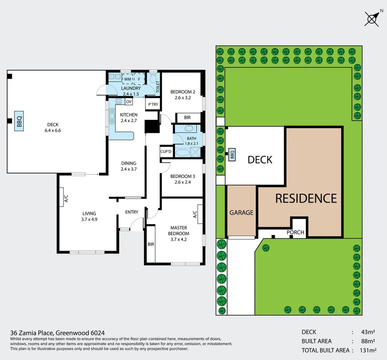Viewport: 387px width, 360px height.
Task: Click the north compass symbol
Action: [x=372, y=18]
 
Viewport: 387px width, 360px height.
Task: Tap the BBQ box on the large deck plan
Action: [x=19, y=121]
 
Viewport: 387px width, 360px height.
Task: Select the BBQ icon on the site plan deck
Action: [x=232, y=155]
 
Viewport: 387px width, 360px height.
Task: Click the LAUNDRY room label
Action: [x=131, y=88]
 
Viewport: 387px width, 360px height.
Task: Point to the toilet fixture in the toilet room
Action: [x=153, y=79]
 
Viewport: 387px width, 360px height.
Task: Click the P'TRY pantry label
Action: [x=153, y=104]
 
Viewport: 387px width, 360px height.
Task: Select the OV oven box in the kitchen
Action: [x=129, y=102]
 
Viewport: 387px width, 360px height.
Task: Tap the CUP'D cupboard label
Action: [x=166, y=151]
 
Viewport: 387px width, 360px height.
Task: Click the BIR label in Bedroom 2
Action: [x=187, y=117]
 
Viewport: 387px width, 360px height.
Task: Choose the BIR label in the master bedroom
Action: [x=151, y=244]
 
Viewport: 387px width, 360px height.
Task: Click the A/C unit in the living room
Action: [x=62, y=198]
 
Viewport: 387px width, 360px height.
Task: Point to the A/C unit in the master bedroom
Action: [x=200, y=214]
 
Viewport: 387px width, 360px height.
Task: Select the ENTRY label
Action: [x=132, y=212]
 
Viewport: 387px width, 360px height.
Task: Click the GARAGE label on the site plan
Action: [x=241, y=212]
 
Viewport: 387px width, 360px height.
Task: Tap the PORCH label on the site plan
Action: [x=295, y=232]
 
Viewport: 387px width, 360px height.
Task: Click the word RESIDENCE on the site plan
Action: [x=306, y=198]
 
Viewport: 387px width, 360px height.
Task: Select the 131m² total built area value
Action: [x=368, y=350]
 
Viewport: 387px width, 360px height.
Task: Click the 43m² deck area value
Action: [x=368, y=332]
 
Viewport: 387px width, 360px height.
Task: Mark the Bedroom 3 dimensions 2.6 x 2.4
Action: [x=183, y=182]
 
